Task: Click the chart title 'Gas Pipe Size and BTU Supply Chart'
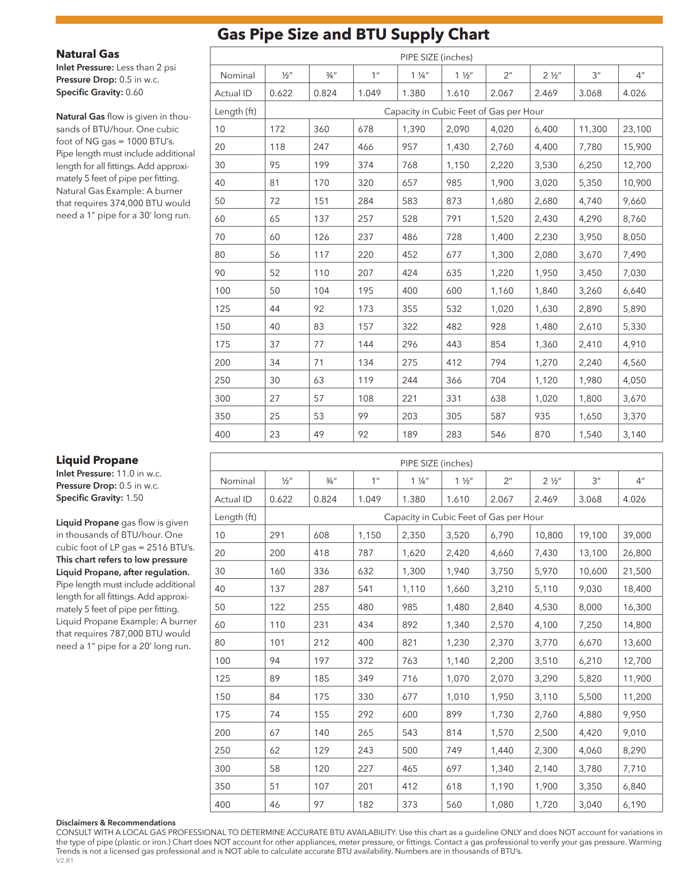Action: point(353,34)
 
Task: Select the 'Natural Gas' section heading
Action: point(88,54)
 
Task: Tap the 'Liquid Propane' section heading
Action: point(97,460)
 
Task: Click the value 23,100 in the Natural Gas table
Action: point(637,129)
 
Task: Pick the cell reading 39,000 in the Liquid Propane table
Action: point(637,535)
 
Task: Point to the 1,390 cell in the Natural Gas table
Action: point(413,129)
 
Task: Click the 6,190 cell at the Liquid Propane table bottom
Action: point(634,805)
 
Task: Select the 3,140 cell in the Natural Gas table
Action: point(634,434)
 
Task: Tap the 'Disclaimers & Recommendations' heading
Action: point(116,823)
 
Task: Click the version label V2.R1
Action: point(64,860)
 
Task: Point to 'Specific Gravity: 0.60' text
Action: point(99,92)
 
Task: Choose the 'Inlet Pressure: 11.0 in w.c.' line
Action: point(109,473)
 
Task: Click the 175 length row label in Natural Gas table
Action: point(222,344)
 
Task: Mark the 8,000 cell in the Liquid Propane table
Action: point(590,607)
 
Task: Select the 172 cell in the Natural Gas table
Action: point(277,129)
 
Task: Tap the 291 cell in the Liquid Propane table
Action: point(277,535)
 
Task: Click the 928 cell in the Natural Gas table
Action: point(498,327)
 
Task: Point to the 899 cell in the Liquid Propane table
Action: point(454,714)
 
